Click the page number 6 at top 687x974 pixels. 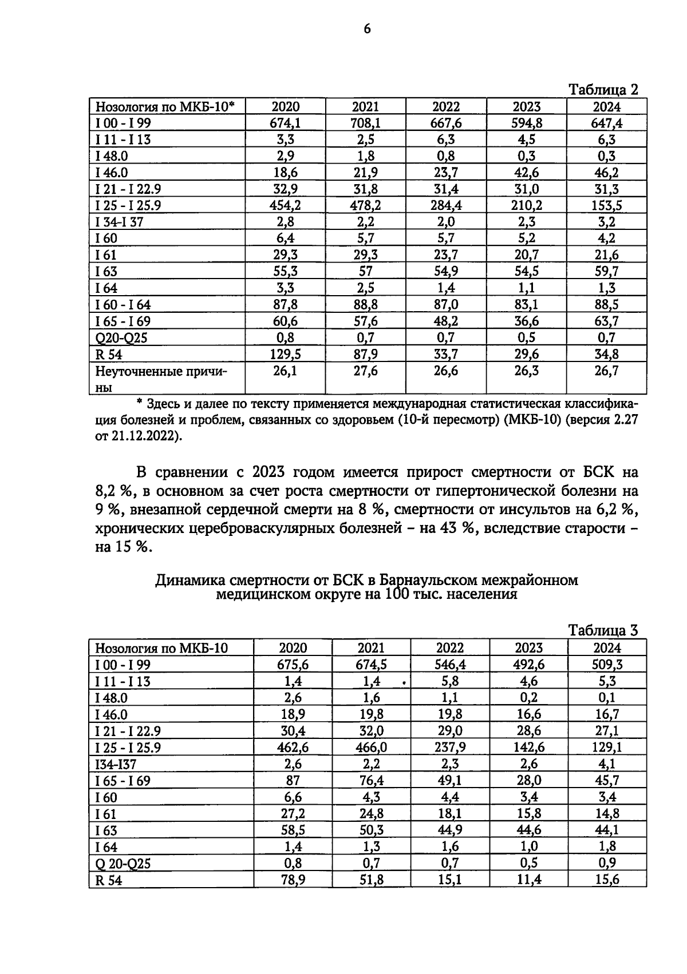point(367,29)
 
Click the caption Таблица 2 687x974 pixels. point(602,90)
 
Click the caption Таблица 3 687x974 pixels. point(602,630)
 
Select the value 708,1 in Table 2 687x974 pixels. point(365,123)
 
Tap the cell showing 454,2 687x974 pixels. point(285,205)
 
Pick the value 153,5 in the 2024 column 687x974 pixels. point(607,205)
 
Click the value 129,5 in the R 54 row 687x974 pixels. point(285,354)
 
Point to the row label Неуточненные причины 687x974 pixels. point(161,379)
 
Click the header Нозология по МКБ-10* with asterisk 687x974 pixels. point(165,106)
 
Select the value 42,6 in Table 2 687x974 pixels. point(526,172)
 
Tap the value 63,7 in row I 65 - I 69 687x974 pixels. point(607,321)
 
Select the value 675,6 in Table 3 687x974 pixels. point(293,664)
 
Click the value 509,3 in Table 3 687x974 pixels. point(607,664)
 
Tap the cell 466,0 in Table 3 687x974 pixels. point(371,747)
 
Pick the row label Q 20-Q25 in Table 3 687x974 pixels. point(123,863)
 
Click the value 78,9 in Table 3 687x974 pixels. point(293,880)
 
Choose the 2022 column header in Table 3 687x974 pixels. point(450,647)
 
